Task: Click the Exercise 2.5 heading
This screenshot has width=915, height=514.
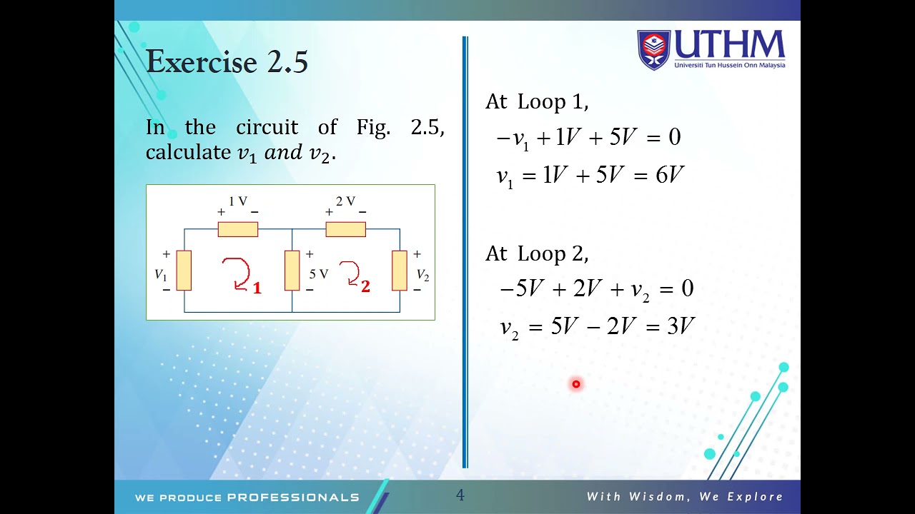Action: [x=227, y=62]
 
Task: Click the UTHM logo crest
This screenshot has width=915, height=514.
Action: [x=653, y=50]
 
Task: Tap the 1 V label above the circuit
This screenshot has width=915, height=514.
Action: [x=238, y=201]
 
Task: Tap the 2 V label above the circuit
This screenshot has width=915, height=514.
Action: [x=345, y=201]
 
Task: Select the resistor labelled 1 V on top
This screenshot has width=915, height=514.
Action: [x=237, y=229]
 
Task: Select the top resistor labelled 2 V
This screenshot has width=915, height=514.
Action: [x=345, y=229]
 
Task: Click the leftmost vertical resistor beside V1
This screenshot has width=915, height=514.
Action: [x=184, y=271]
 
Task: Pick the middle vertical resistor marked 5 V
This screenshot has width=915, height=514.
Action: [x=292, y=271]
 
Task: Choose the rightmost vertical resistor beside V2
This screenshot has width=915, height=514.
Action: [x=400, y=271]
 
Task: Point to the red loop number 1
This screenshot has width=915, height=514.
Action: [x=257, y=288]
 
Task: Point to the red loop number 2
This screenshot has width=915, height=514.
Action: [x=365, y=286]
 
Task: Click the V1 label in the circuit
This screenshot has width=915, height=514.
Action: [x=161, y=275]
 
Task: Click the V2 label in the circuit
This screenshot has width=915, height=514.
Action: [x=422, y=276]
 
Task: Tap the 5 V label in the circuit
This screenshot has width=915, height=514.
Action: [x=319, y=274]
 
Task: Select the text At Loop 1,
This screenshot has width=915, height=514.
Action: [x=537, y=102]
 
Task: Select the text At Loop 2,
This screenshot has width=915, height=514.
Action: [x=537, y=253]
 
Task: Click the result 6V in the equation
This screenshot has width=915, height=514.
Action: [x=670, y=175]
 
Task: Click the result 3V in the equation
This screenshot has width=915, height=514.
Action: [x=681, y=327]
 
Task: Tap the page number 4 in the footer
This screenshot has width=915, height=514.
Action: [x=460, y=495]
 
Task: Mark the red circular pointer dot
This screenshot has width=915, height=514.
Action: [x=576, y=385]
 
